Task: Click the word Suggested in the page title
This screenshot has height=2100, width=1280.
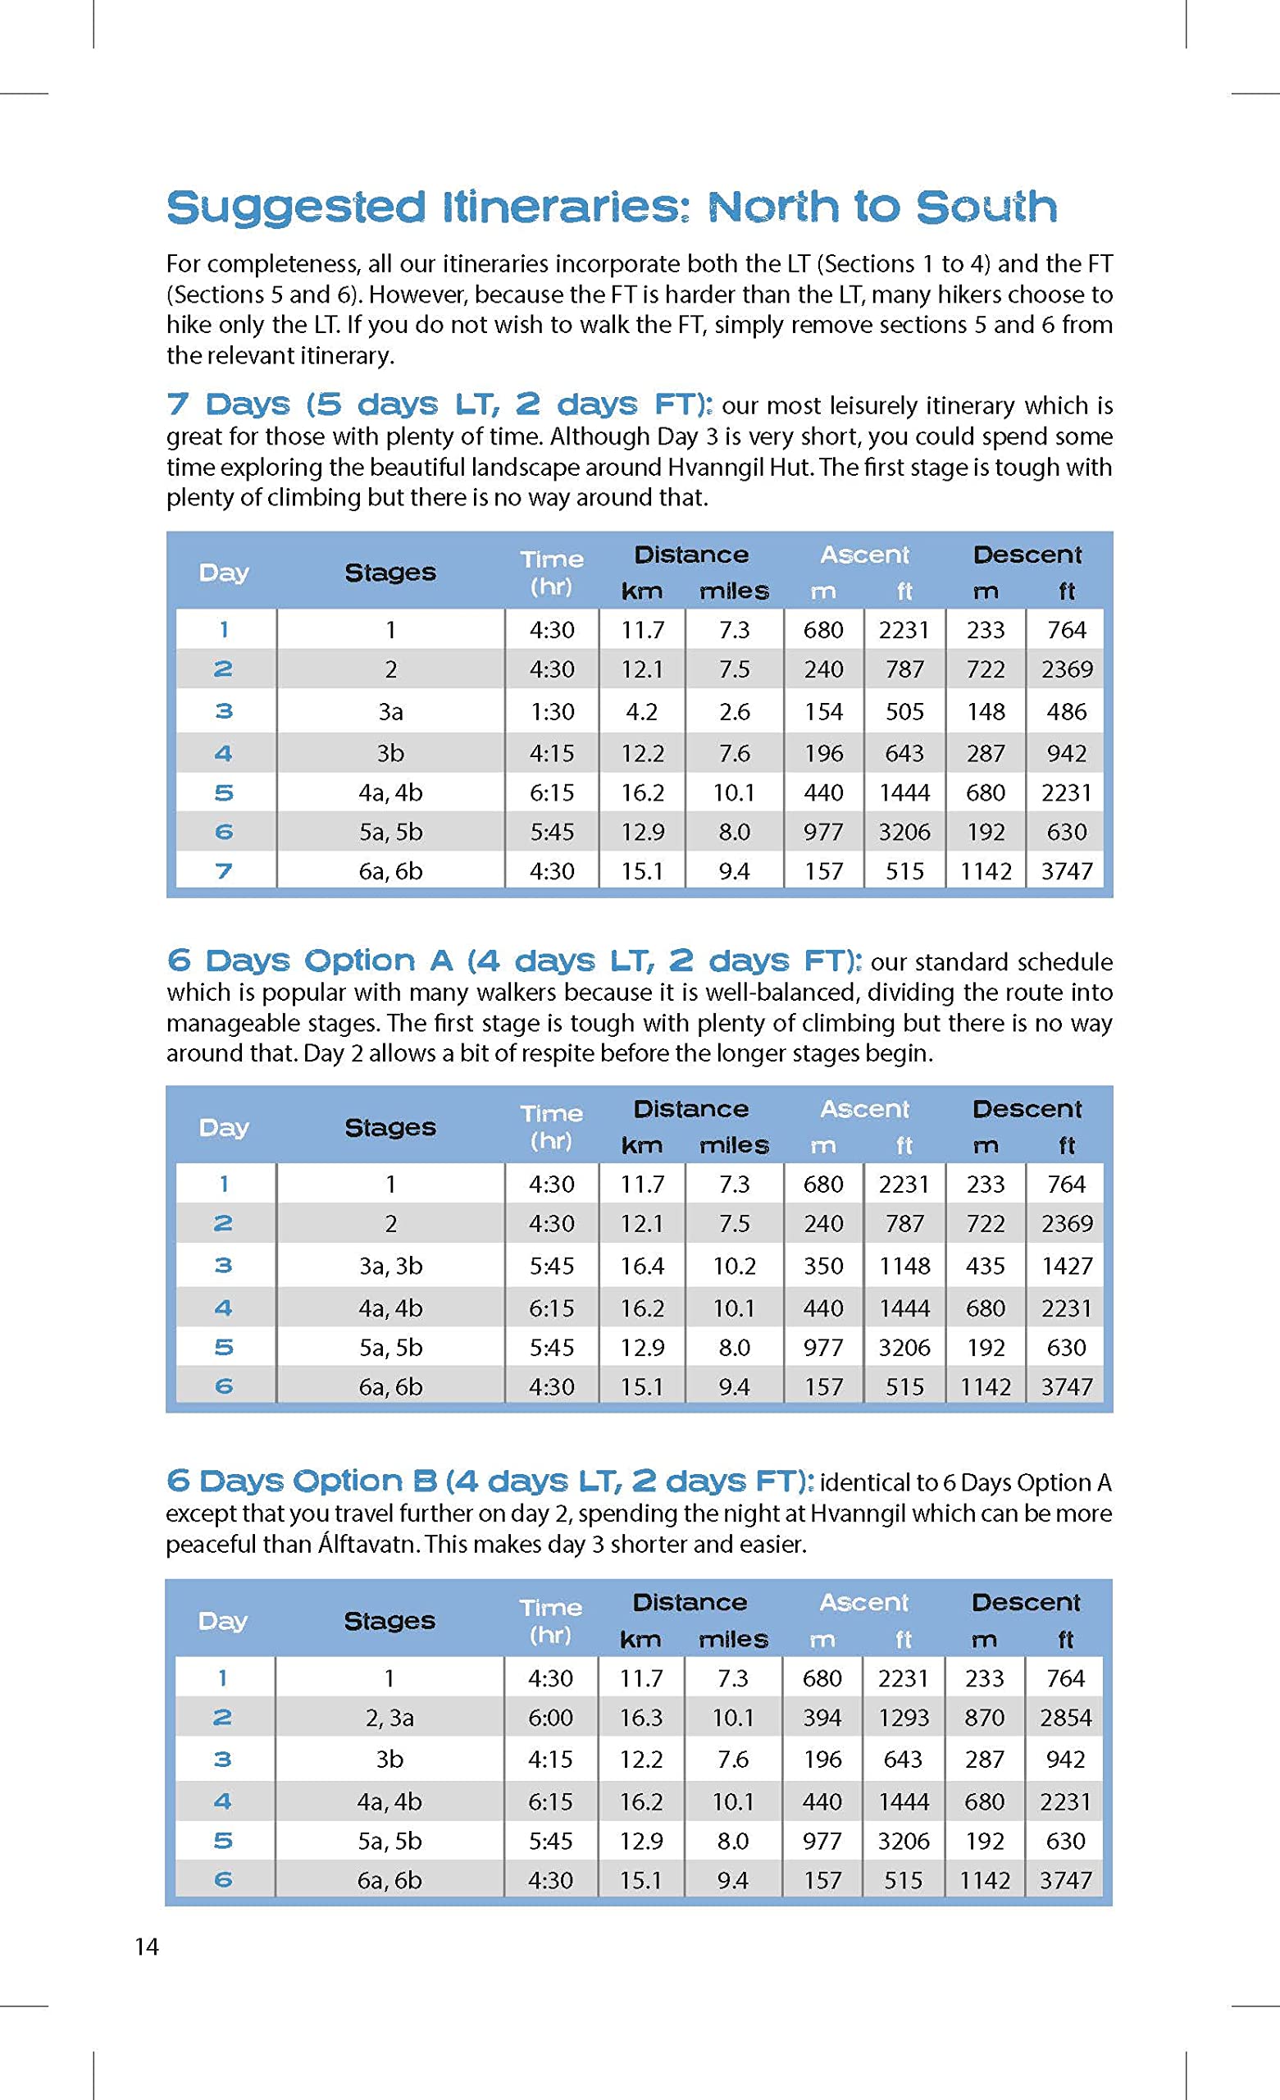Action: pyautogui.click(x=295, y=208)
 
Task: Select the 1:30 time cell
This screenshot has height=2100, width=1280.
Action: pyautogui.click(x=551, y=710)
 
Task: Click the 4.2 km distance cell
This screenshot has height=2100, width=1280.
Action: pyautogui.click(x=641, y=710)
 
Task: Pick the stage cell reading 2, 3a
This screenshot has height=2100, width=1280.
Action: pyautogui.click(x=389, y=1718)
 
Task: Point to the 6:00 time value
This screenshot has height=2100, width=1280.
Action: pyautogui.click(x=550, y=1718)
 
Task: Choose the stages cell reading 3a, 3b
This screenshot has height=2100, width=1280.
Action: pyautogui.click(x=390, y=1266)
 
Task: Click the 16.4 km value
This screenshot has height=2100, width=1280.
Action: pyautogui.click(x=641, y=1266)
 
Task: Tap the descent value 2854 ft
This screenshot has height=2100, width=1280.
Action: pyautogui.click(x=1065, y=1718)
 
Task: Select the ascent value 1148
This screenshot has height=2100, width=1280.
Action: pyautogui.click(x=904, y=1266)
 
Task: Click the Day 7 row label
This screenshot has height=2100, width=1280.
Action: pyautogui.click(x=223, y=871)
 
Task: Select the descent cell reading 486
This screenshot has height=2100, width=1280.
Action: pyautogui.click(x=1066, y=710)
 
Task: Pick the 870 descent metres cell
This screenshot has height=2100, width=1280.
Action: pyautogui.click(x=984, y=1718)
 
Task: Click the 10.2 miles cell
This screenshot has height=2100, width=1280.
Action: pyautogui.click(x=734, y=1266)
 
